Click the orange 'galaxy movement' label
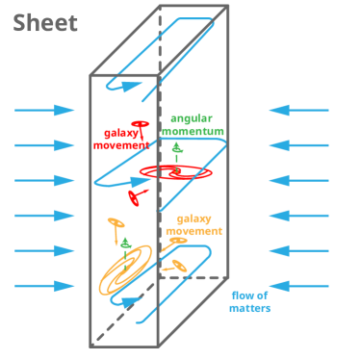click(193, 225)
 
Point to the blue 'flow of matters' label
click(249, 301)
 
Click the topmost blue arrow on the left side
click(44, 110)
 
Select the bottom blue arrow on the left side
click(44, 286)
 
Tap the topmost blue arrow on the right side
click(298, 110)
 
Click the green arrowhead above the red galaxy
click(176, 149)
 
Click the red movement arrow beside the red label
click(140, 124)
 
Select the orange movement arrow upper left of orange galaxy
click(115, 224)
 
